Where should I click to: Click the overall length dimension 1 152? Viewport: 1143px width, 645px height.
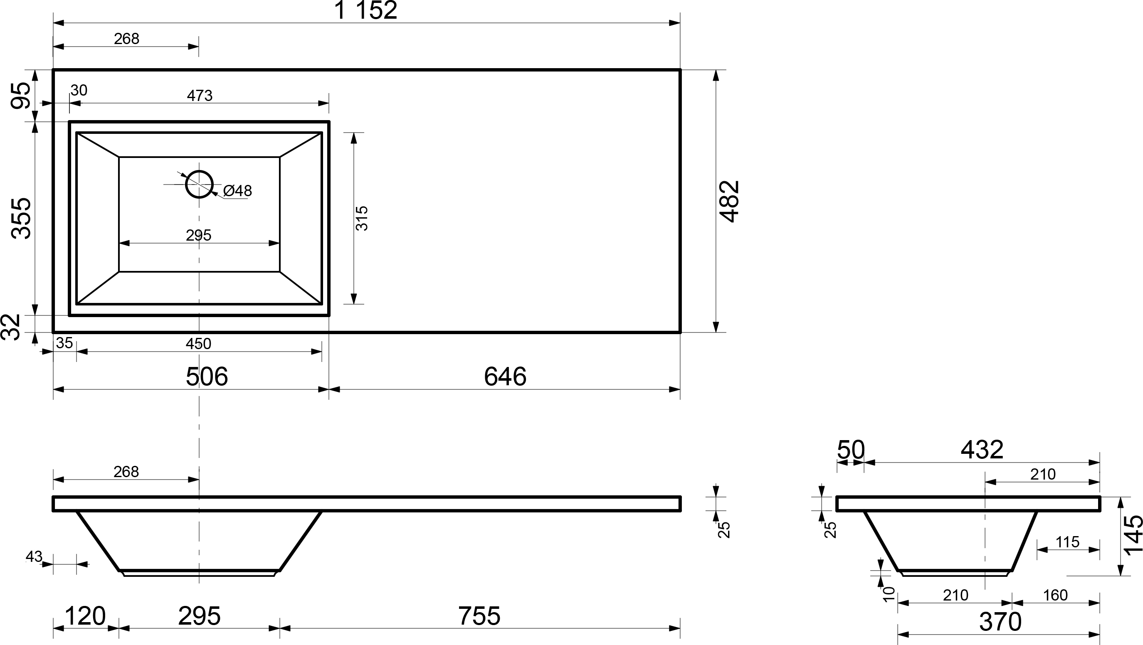365,10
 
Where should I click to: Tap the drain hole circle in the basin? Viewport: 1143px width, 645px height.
199,184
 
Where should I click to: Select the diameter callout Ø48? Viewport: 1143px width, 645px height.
237,191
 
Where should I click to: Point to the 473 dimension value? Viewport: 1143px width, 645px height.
200,95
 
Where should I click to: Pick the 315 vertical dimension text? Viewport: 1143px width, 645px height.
362,218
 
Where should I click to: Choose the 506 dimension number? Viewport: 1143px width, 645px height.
207,377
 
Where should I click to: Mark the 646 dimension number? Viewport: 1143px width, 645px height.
505,377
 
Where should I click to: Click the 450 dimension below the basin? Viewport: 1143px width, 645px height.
198,344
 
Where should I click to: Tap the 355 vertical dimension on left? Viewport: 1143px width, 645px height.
21,218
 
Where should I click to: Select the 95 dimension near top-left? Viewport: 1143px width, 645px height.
21,95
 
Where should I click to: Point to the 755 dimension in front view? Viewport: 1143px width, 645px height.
479,616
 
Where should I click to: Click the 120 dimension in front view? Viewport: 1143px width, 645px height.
85,616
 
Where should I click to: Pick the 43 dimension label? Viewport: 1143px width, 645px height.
34,556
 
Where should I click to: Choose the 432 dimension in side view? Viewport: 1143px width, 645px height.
982,450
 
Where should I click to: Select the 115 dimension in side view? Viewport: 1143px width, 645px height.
1067,542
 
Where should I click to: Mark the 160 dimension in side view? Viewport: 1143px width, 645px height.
1055,595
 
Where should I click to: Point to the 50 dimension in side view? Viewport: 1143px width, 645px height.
851,450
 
